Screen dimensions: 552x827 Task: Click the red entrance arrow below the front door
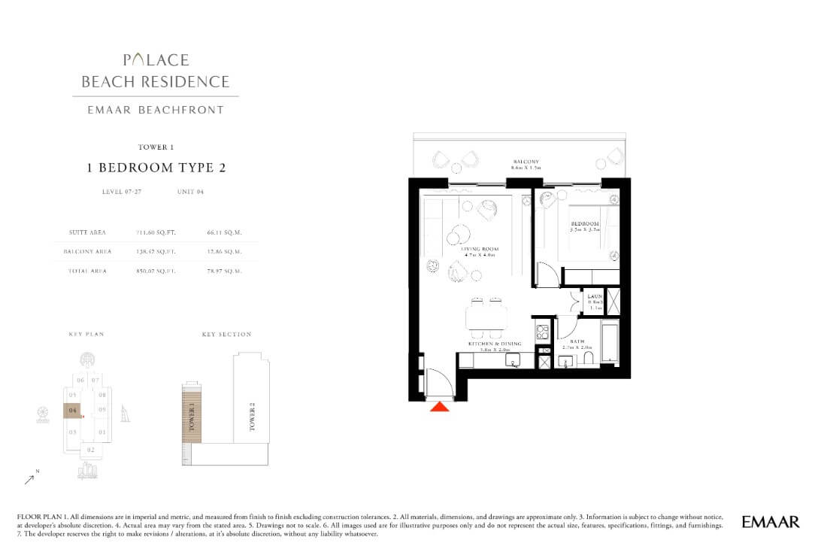pyautogui.click(x=440, y=407)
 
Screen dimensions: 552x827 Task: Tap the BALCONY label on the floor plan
pyautogui.click(x=524, y=162)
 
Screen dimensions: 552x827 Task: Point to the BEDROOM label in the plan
pyautogui.click(x=584, y=224)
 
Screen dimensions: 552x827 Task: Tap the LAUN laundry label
pyautogui.click(x=594, y=296)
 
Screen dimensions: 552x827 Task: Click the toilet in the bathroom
pyautogui.click(x=607, y=361)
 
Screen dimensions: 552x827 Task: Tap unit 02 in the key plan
pyautogui.click(x=90, y=450)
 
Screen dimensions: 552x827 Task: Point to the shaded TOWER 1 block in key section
pyautogui.click(x=192, y=411)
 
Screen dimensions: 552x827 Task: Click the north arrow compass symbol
pyautogui.click(x=29, y=477)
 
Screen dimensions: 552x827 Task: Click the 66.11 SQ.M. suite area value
pyautogui.click(x=223, y=233)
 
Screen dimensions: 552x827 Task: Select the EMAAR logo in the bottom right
pyautogui.click(x=771, y=521)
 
